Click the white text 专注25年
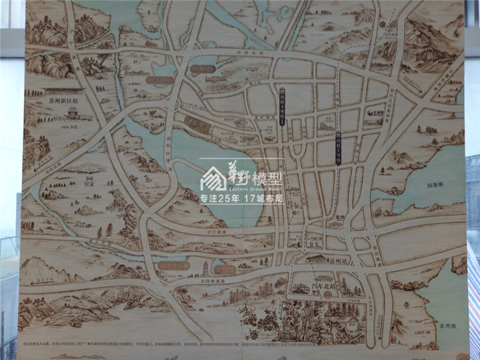[x=221, y=199]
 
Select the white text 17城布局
[x=264, y=199]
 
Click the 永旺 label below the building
[x=73, y=124]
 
